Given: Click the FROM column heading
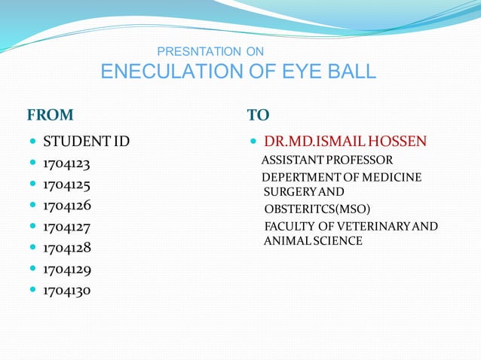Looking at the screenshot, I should pos(51,115).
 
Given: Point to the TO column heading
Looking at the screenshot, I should pos(258,115).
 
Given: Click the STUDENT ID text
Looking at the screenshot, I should pos(87,142).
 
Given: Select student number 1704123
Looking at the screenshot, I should pos(67,163).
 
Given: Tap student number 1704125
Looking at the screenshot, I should pos(67,184).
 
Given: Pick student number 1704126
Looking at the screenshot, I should pos(67,205).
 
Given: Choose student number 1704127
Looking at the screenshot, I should pos(67,226).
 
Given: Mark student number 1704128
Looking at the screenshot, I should pos(67,247).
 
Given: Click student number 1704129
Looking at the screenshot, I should pos(67,268).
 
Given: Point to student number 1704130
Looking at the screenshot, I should pos(67,289).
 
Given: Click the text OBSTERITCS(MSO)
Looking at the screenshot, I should pos(317,209).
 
